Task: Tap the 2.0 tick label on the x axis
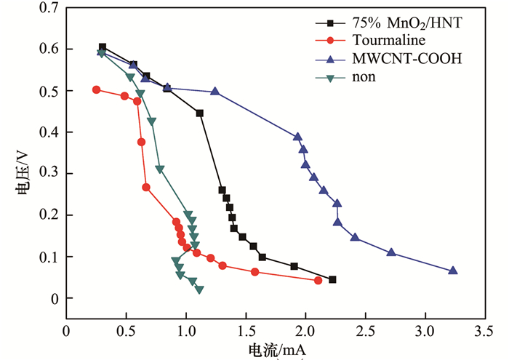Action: coord(305,330)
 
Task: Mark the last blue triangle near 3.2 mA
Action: coord(453,271)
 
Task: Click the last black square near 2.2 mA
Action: coord(332,279)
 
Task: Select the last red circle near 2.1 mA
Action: coord(318,280)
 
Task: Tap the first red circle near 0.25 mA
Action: coord(96,89)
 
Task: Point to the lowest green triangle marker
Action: coord(199,289)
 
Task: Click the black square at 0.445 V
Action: coord(200,113)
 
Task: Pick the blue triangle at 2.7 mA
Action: coord(391,252)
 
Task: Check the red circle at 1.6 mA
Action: coord(255,272)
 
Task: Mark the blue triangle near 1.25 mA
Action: coord(215,92)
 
